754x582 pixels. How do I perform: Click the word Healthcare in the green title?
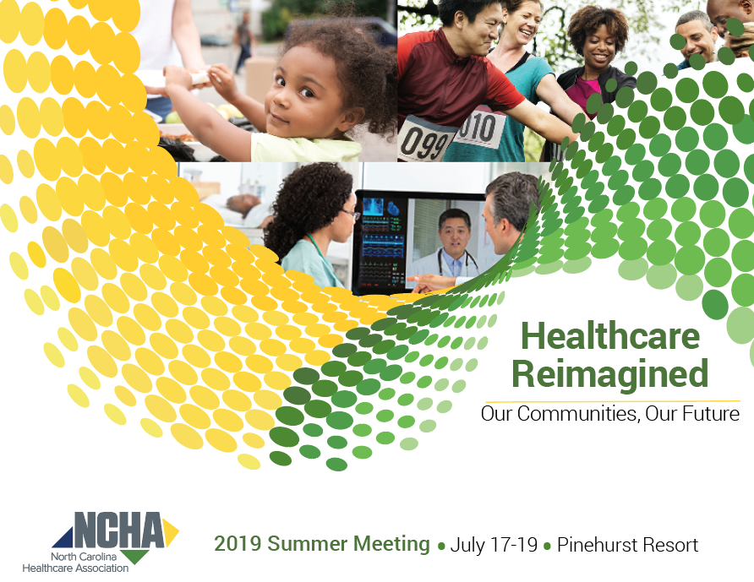click(610, 336)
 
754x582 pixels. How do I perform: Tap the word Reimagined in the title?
click(610, 375)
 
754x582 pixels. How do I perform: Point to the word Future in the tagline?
click(711, 414)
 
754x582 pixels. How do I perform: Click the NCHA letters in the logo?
click(119, 530)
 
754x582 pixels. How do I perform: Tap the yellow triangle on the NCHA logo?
click(171, 532)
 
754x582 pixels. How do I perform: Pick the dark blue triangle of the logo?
click(63, 538)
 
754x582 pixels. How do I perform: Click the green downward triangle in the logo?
click(134, 557)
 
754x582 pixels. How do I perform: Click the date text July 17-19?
click(494, 545)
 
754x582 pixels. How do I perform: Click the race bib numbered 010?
click(479, 128)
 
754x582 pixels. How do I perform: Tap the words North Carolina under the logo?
click(84, 557)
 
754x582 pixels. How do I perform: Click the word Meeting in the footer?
click(391, 544)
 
